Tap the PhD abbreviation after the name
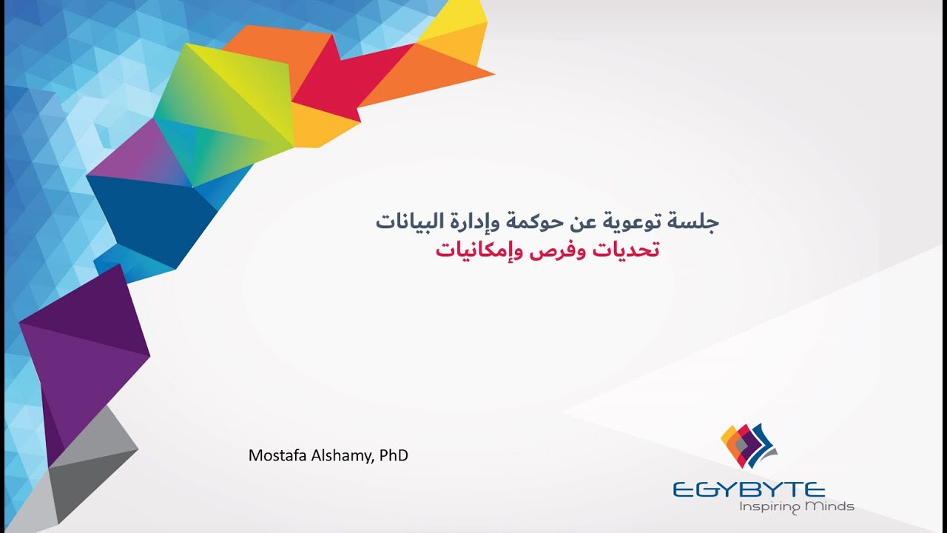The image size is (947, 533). pyautogui.click(x=394, y=455)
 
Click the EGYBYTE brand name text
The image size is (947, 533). pyautogui.click(x=749, y=489)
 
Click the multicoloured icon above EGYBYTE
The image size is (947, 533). pyautogui.click(x=747, y=445)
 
